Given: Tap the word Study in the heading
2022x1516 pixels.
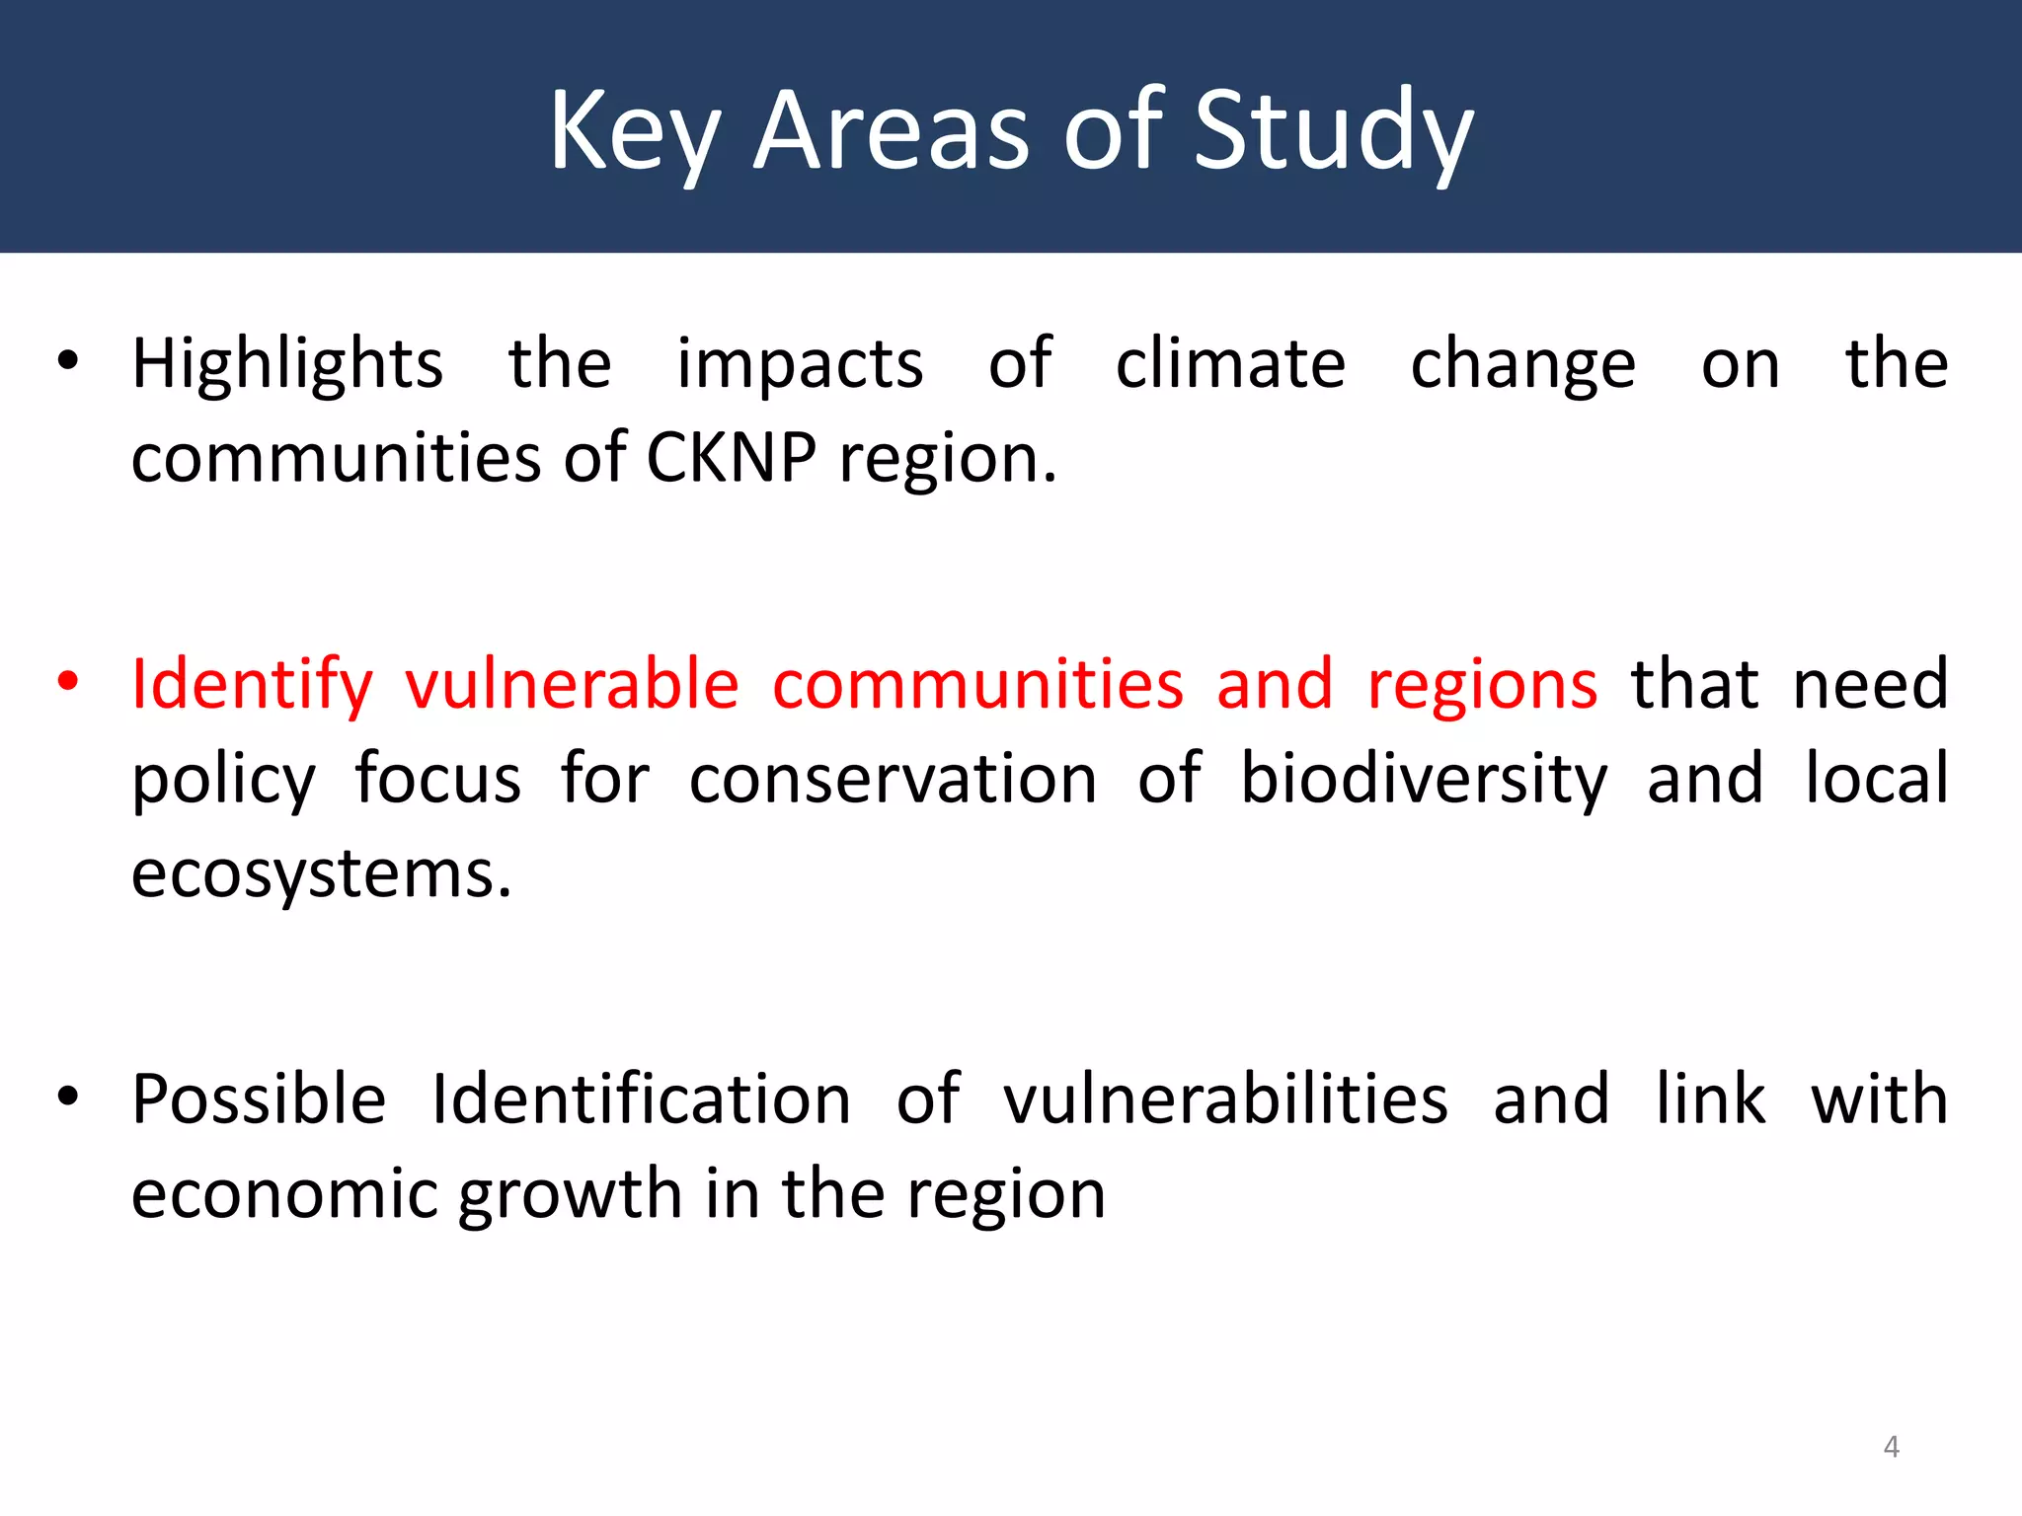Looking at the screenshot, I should [1333, 132].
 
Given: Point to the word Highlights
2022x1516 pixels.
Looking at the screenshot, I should [287, 365].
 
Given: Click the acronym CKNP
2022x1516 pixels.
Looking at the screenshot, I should [731, 458].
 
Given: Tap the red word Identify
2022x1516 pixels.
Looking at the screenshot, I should [252, 685].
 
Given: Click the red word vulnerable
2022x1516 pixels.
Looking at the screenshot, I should [572, 683].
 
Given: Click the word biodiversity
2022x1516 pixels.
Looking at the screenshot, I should [1424, 780].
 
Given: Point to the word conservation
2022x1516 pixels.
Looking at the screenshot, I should [893, 780].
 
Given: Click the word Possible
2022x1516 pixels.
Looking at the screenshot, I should [259, 1099].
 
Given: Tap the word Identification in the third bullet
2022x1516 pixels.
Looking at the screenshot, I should [641, 1099].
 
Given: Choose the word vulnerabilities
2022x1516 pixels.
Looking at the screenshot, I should [1225, 1099].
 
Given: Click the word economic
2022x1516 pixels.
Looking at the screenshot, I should [284, 1194].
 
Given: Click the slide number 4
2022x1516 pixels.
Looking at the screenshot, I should [1891, 1447].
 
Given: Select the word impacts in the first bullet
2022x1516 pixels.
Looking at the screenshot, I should [800, 365].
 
